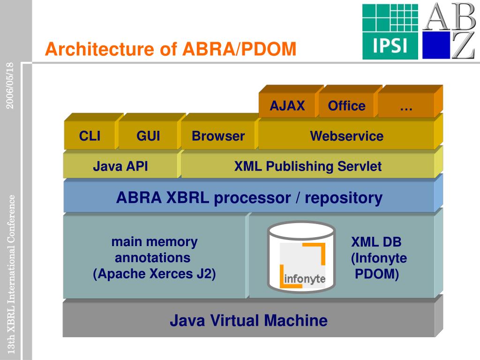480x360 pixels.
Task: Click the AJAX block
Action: tap(287, 105)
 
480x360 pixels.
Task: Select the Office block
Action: tap(346, 105)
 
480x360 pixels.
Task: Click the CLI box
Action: tap(90, 135)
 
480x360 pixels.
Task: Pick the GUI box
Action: tap(148, 135)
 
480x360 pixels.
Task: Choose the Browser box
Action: tap(218, 135)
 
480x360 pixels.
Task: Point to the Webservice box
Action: tap(346, 135)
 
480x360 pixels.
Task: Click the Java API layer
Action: tap(120, 166)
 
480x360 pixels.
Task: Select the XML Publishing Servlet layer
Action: tap(307, 166)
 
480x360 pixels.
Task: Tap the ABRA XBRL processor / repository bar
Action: tap(249, 197)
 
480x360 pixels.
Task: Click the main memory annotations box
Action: tap(154, 257)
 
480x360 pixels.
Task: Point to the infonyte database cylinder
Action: tap(301, 256)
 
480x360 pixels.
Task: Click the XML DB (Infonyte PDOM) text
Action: tap(378, 258)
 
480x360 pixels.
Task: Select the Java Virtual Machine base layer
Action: tap(248, 320)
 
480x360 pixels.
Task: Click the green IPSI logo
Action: tap(390, 31)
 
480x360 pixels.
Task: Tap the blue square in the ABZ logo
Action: tap(436, 45)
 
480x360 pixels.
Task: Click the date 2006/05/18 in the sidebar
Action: tap(10, 85)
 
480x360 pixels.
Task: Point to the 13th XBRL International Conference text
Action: tap(11, 274)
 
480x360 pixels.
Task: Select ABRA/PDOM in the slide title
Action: tap(240, 49)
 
